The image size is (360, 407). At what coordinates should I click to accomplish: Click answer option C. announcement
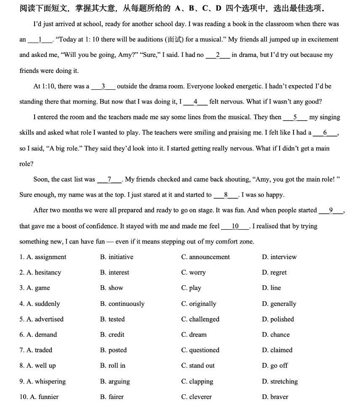coord(205,257)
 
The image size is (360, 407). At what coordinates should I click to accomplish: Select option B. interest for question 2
coord(115,273)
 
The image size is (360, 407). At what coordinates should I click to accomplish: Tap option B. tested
coord(112,319)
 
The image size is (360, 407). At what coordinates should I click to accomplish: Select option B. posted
coord(113,350)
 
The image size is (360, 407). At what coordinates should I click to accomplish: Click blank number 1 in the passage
coord(40,40)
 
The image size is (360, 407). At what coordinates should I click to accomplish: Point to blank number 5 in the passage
coord(295,117)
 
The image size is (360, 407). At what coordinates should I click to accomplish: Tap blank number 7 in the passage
coord(109,179)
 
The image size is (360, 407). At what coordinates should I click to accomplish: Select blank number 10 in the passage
coord(235,226)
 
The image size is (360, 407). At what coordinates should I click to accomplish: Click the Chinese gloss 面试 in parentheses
coord(175,40)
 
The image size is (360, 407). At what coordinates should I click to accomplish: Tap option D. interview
coord(279,257)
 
